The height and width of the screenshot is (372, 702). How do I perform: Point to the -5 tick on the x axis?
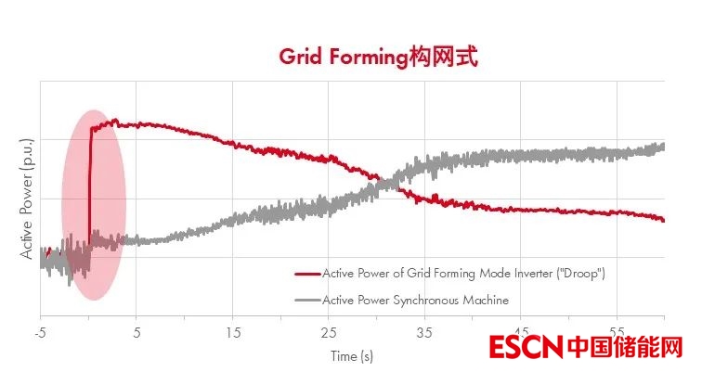coord(40,331)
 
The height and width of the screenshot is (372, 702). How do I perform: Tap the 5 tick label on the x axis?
coord(136,331)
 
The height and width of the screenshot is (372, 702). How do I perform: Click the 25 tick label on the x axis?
coord(329,331)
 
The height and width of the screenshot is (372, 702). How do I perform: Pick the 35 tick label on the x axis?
coord(425,331)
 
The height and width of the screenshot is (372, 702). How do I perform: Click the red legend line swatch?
coord(306,275)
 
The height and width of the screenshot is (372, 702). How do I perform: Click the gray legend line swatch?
coord(306,300)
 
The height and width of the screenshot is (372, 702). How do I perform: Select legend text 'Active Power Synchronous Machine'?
coord(415,300)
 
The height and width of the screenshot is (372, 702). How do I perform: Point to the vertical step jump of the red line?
coord(90,186)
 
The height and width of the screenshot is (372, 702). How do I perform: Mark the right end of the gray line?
coord(663,147)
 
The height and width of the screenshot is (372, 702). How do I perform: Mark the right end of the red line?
coord(663,220)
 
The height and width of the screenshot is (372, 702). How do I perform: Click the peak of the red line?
coord(115,121)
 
